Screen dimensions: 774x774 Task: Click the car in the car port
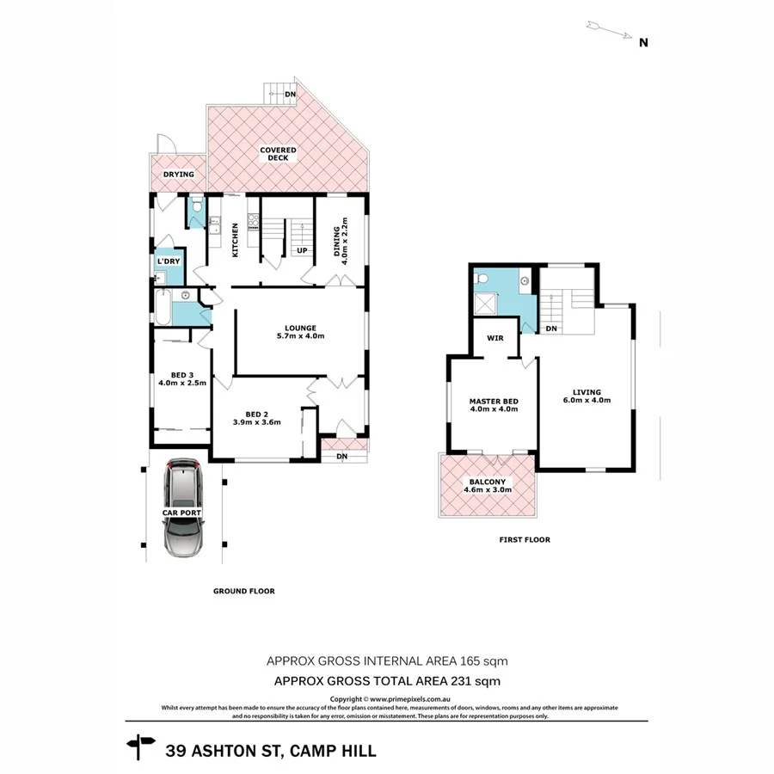(185, 508)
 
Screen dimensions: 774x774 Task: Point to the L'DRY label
(168, 261)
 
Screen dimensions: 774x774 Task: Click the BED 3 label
(181, 374)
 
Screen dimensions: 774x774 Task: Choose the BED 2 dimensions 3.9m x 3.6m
(257, 422)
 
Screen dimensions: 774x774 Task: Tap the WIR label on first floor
(494, 338)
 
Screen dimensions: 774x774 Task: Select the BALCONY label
(488, 482)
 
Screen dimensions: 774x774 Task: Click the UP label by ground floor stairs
(302, 251)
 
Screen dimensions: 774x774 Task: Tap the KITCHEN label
(234, 242)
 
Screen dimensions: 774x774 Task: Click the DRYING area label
(179, 175)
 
